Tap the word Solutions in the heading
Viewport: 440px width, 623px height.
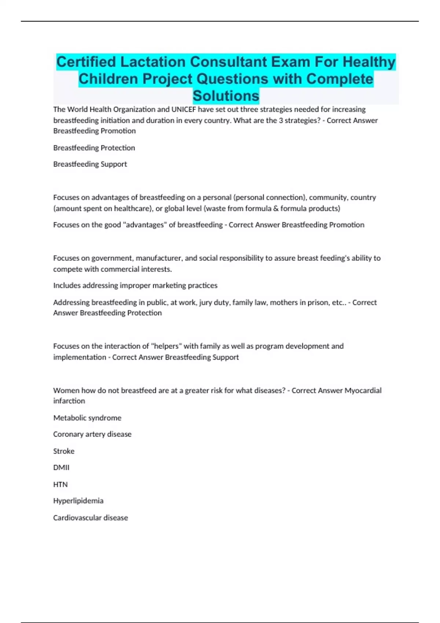(226, 96)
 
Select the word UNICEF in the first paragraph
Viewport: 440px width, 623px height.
(183, 109)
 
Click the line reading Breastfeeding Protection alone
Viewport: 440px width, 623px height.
(94, 148)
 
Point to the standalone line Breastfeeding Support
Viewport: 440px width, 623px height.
(90, 164)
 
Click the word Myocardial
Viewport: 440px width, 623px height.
(363, 390)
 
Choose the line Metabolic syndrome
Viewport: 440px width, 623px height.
(87, 418)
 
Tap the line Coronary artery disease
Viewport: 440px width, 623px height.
(92, 434)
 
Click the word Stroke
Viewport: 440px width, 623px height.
(64, 451)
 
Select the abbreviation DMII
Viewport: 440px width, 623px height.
(61, 468)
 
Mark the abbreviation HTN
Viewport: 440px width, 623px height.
(60, 484)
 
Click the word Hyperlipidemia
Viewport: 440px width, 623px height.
(78, 501)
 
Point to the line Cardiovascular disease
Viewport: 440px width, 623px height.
(91, 518)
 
